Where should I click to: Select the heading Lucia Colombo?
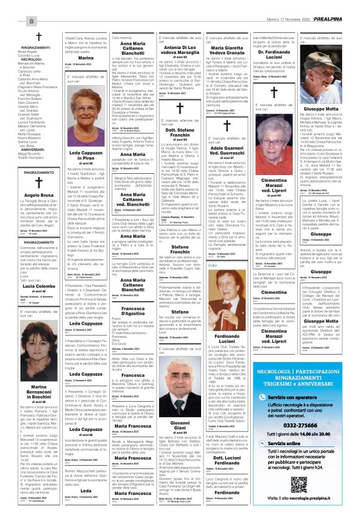coord(29,286)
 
